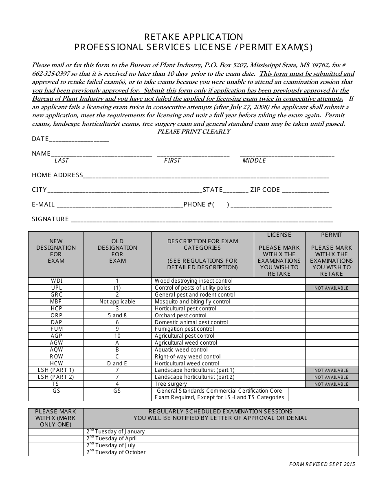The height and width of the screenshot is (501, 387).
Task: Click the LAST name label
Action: (62, 160)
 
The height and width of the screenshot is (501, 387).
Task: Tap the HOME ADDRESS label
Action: (57, 175)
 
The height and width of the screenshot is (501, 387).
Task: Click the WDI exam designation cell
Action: (56, 281)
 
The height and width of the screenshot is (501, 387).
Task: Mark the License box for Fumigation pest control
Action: (279, 329)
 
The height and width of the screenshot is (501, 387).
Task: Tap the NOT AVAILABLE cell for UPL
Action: (332, 288)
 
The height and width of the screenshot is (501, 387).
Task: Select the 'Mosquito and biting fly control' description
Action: (192, 302)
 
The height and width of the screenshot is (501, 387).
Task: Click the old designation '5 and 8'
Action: (117, 315)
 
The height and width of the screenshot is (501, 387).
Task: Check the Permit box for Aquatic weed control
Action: (332, 349)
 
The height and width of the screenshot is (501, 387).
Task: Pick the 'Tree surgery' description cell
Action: (171, 384)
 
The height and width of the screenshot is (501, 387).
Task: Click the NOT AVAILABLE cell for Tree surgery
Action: (332, 384)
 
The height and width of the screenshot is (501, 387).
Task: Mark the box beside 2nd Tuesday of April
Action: (56, 439)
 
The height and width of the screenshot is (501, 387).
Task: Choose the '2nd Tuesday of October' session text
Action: (116, 452)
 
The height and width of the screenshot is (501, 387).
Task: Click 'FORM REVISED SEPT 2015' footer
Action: (322, 464)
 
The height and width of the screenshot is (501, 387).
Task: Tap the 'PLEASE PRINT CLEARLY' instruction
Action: (193, 132)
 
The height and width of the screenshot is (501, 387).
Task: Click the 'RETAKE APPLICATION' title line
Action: (193, 37)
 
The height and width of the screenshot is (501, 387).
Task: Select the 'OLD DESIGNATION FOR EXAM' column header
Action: (117, 251)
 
